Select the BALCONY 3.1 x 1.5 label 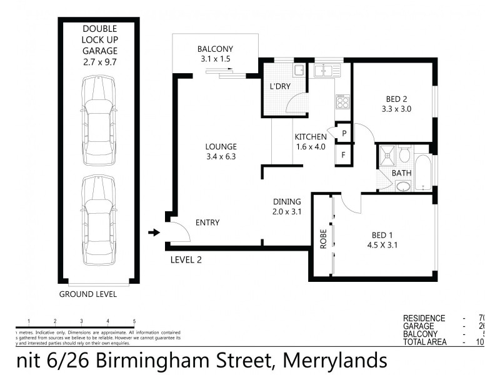point(215,54)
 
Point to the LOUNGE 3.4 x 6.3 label point(221,152)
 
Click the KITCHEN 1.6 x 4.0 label point(311,142)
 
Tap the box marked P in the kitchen point(343,132)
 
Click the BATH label point(400,173)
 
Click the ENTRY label point(207,222)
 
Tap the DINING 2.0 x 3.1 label point(287,206)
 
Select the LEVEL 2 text point(186,259)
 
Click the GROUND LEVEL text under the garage point(87,294)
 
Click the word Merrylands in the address point(335,360)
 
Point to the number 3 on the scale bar point(82,321)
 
